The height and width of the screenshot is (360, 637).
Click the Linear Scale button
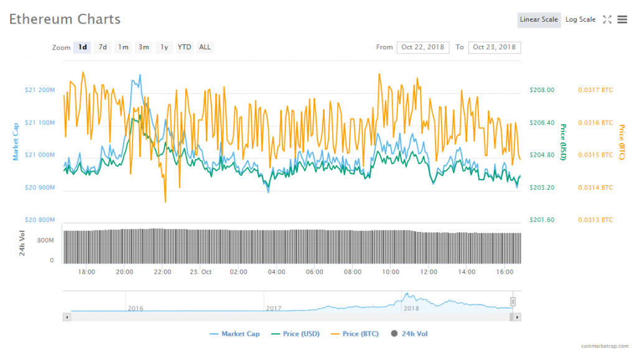point(539,19)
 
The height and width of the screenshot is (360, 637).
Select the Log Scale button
point(580,19)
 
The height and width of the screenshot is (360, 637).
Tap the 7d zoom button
point(103,47)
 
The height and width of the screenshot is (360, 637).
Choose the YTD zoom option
point(184,47)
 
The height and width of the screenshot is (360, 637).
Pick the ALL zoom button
point(205,47)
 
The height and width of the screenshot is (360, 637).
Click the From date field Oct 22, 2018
point(423,47)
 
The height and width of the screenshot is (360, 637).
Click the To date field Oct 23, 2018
point(495,47)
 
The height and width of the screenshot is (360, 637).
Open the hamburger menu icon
point(622,19)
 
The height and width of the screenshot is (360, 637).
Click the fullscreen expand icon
point(607,19)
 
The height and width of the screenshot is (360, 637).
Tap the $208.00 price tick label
point(541,90)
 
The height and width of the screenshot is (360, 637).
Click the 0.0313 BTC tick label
point(595,219)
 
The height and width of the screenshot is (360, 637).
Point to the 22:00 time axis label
point(163,272)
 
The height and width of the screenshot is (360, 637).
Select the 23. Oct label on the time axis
point(201,272)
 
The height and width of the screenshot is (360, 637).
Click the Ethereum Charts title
point(65,19)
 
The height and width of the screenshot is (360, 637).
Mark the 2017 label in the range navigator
point(274,308)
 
